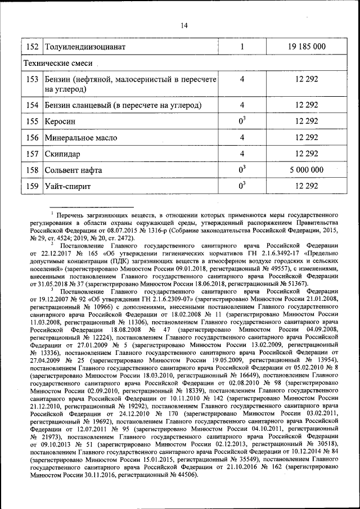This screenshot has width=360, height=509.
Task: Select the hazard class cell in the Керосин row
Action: pos(242,121)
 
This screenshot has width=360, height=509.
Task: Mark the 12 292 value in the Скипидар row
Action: pos(306,154)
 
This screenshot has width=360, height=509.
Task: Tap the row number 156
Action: pos(32,137)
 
